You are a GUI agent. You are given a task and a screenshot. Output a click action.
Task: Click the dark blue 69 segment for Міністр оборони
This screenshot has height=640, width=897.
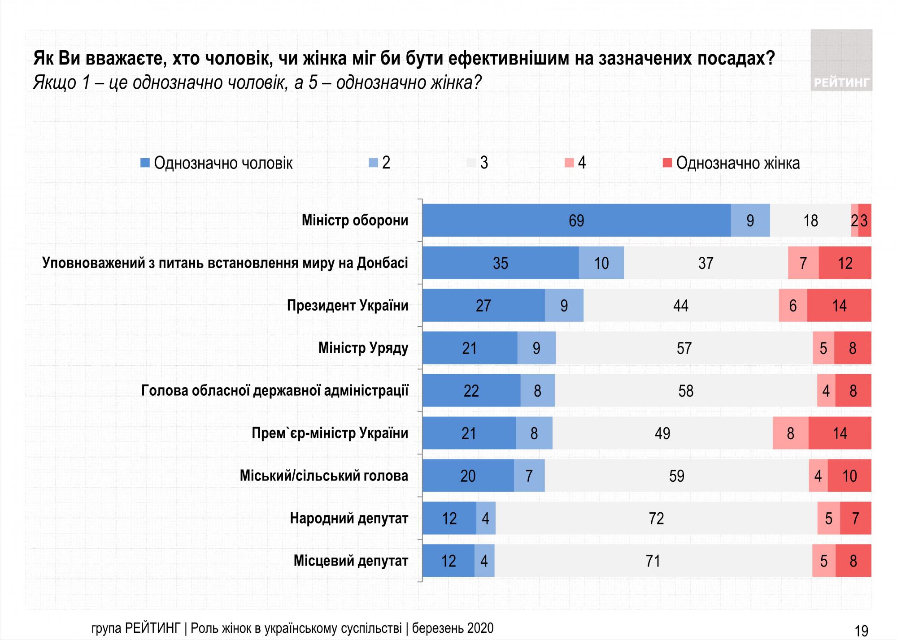[x=576, y=221]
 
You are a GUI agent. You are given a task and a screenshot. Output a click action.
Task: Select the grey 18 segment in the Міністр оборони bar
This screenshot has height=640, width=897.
[x=810, y=221]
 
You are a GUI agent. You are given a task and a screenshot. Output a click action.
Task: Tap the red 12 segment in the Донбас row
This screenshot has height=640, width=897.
[x=845, y=263]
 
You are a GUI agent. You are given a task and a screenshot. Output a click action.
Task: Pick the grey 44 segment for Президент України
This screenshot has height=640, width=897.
[x=681, y=306]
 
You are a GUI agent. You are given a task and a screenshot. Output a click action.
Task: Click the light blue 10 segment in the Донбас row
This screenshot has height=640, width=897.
[x=601, y=263]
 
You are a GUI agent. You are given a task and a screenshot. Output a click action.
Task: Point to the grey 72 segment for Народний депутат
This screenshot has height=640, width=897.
[x=656, y=519]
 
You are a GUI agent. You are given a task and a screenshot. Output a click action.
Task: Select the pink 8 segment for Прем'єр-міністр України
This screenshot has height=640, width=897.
[x=790, y=433]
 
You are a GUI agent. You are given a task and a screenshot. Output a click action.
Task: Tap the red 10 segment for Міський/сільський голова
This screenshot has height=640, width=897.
[x=849, y=476]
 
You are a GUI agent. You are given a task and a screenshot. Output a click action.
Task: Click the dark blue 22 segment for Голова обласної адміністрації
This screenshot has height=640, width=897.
[x=471, y=391]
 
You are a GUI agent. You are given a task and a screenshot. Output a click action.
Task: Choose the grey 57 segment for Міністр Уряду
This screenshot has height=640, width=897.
[x=684, y=348]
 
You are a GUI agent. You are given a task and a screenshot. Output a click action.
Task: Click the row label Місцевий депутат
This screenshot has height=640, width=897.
[x=351, y=561]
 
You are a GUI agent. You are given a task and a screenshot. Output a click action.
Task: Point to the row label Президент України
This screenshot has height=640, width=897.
[x=348, y=306]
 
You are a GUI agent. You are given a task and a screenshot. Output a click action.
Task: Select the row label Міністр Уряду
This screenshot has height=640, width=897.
[x=363, y=348]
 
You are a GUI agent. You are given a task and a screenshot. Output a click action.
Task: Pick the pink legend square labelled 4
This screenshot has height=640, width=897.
[x=569, y=163]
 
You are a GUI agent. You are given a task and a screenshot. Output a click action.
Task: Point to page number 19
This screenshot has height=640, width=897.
[x=861, y=631]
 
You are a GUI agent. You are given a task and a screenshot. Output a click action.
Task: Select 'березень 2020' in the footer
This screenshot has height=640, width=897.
[x=453, y=628]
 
